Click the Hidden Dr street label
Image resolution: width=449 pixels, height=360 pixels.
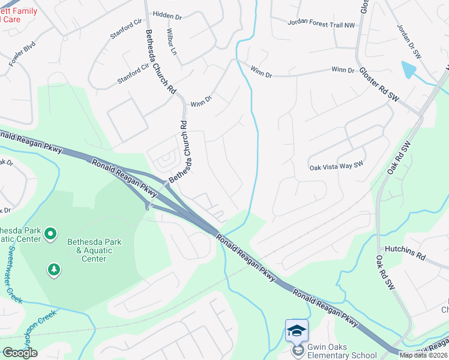point(167,14)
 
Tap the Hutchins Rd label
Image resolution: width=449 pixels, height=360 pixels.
point(405,253)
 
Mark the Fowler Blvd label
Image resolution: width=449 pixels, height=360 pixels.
point(22,54)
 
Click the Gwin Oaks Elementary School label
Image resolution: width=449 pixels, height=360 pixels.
point(342,351)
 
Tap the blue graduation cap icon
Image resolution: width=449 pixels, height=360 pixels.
point(297,330)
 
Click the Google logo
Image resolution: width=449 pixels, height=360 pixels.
point(20,353)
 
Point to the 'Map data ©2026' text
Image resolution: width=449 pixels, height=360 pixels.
point(424,355)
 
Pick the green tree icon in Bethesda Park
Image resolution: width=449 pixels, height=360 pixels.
point(55,270)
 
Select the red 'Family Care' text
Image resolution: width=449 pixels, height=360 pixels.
point(17,16)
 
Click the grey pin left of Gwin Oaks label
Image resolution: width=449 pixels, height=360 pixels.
point(297,351)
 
